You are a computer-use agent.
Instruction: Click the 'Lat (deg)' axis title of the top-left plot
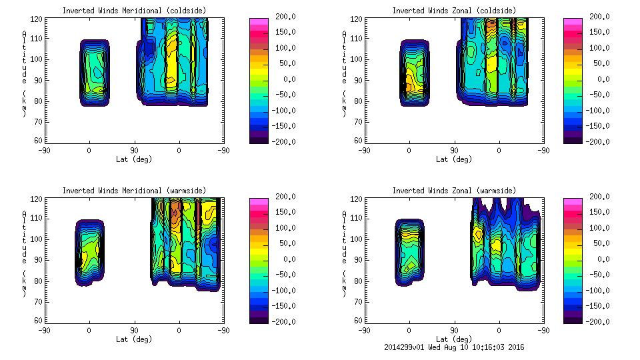tap(134, 159)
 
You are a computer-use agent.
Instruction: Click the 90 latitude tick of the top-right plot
tap(455, 151)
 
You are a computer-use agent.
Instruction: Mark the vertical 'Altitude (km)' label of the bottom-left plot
tap(24, 254)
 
